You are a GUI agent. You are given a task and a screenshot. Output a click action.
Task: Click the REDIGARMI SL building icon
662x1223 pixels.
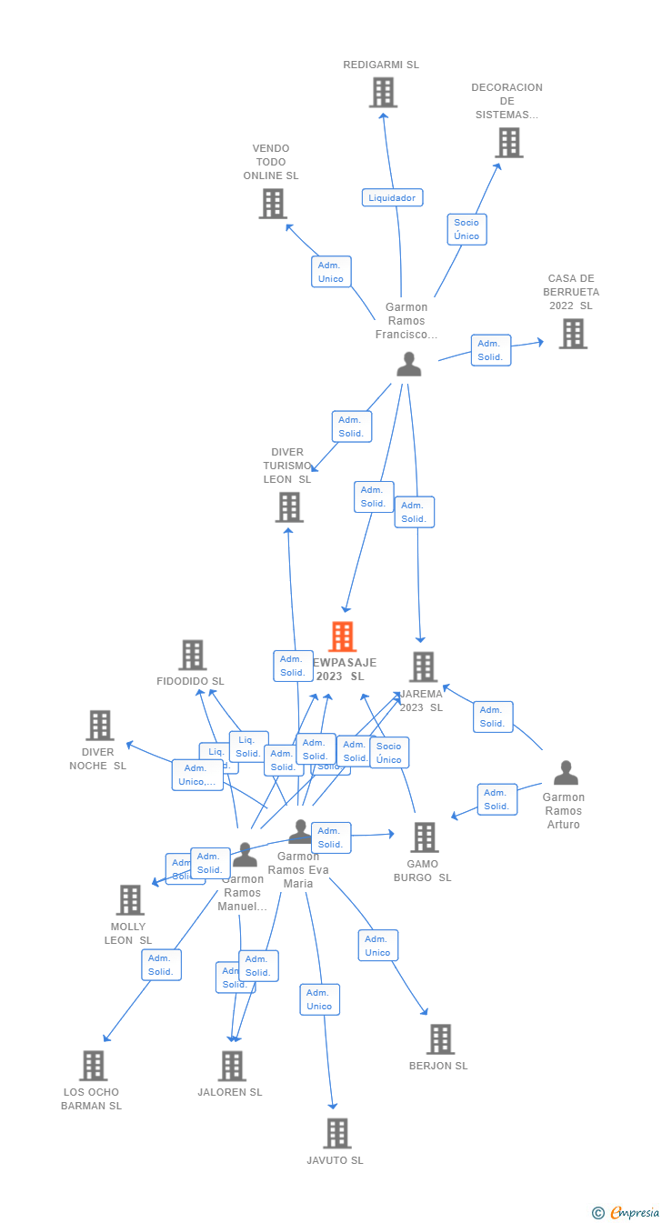[383, 92]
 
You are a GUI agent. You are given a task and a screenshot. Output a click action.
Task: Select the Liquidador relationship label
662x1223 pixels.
[392, 197]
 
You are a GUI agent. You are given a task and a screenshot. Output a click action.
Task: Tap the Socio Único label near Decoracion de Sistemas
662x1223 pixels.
[466, 229]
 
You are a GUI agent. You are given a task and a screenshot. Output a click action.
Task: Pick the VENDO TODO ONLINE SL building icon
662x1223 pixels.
[273, 204]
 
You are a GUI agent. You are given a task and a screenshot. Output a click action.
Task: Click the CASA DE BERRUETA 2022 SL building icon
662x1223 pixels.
[573, 334]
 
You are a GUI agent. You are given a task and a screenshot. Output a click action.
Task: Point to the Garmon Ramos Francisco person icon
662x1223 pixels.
[409, 364]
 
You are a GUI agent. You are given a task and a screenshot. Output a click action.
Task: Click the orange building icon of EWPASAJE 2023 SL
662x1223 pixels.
[343, 637]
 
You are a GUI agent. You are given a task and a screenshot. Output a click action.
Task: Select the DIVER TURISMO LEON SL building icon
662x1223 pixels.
[289, 506]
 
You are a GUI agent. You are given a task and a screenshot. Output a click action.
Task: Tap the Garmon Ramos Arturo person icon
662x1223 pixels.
[566, 773]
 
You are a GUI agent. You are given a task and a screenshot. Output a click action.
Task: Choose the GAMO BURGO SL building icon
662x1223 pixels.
[424, 837]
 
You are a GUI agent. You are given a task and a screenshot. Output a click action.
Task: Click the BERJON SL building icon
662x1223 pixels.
[440, 1038]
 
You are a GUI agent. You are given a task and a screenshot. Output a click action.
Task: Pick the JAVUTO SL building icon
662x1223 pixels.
[337, 1133]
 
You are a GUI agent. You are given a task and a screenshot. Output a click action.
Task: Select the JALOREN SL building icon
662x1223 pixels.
[232, 1066]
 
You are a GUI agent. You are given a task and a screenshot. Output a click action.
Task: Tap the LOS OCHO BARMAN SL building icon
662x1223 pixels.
[94, 1066]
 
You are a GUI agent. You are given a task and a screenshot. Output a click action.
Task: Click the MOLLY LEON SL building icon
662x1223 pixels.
[130, 899]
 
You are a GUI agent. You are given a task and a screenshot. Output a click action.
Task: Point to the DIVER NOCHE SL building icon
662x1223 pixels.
[100, 725]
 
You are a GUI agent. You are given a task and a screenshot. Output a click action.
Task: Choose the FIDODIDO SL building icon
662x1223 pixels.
[192, 655]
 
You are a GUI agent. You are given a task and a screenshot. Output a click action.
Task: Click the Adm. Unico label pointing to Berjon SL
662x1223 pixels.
[377, 946]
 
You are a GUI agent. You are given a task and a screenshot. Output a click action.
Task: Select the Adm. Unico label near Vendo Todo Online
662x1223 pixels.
[331, 272]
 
